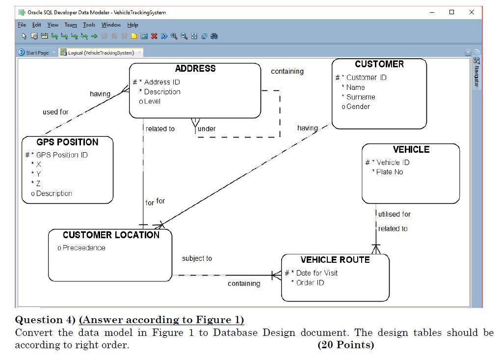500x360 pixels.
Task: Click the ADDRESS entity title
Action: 195,69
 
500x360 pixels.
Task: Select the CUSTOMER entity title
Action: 379,64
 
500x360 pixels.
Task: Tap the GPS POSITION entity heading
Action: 67,142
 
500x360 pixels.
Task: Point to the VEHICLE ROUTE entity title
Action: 335,260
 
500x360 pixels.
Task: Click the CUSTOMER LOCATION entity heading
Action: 111,235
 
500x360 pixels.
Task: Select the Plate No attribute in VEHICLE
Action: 389,172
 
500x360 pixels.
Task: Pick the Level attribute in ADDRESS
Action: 152,101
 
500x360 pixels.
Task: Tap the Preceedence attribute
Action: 83,248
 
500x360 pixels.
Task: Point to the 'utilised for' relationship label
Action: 395,214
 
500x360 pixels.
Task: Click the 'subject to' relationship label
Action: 197,258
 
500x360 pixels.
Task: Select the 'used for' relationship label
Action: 55,112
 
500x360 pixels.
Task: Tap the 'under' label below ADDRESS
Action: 207,129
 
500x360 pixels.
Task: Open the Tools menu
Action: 89,25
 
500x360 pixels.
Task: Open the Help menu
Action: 132,25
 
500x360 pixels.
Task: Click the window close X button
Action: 472,12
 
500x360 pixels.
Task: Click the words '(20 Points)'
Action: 345,345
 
